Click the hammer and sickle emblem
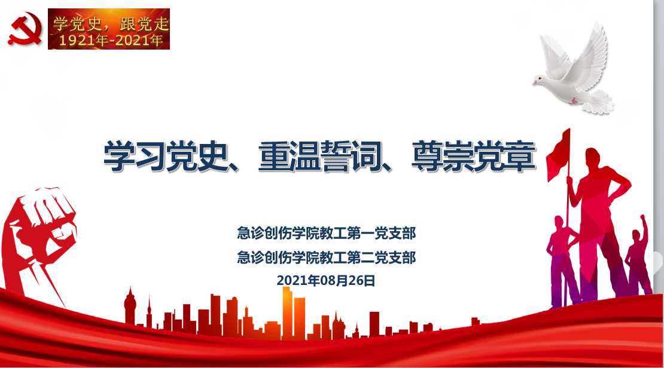(25, 28)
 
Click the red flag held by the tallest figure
(558, 155)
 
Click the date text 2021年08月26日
(326, 280)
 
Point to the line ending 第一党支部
(327, 233)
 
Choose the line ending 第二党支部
(327, 257)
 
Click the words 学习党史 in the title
(166, 156)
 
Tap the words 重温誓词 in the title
(321, 156)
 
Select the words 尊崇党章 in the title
(474, 156)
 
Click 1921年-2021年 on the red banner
(111, 41)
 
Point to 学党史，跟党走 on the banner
(111, 24)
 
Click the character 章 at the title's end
(520, 156)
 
